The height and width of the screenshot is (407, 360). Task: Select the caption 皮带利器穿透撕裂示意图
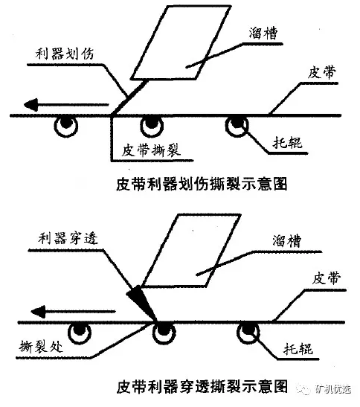pyautogui.click(x=202, y=388)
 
